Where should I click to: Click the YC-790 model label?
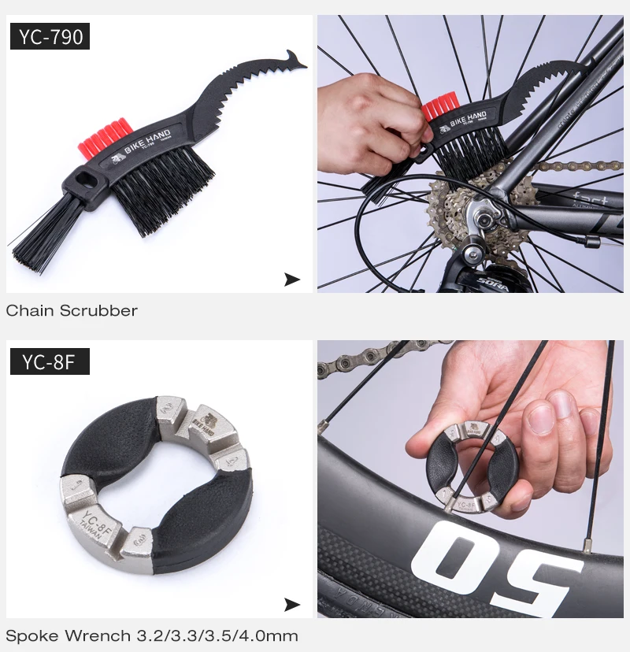(50, 36)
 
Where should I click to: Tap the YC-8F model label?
(50, 361)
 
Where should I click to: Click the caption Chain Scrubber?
(72, 310)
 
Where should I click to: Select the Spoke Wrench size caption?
(152, 635)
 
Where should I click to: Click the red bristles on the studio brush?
(102, 135)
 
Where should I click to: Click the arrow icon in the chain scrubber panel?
(292, 279)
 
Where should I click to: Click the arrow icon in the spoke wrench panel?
(292, 605)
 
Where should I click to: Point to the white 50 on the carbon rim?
(488, 563)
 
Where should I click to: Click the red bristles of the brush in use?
(440, 106)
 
